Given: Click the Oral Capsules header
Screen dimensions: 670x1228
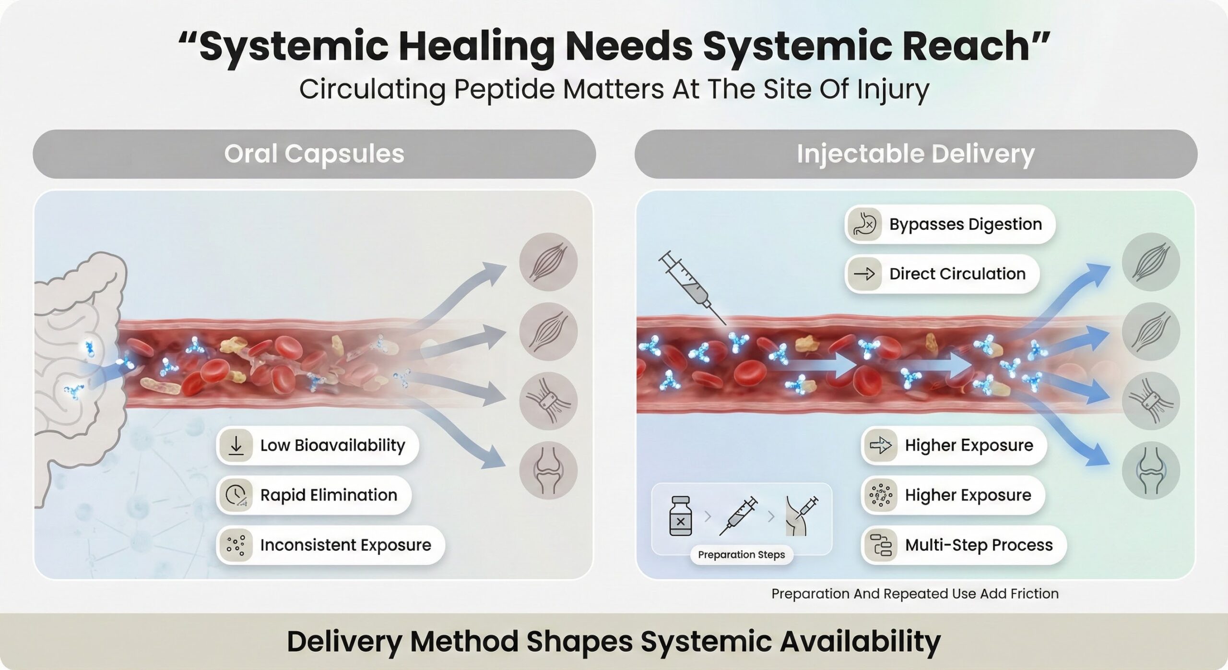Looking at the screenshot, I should pos(314,154).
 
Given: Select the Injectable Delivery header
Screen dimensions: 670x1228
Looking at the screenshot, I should pos(915,154).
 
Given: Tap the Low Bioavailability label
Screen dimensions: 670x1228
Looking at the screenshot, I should pos(332,445).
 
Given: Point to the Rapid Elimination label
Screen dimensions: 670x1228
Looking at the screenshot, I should pos(329,495).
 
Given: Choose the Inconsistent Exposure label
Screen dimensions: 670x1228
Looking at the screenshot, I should pos(345,545).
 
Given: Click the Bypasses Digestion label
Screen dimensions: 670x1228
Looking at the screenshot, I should pos(965,224).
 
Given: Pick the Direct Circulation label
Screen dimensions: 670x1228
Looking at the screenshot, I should pos(957,274).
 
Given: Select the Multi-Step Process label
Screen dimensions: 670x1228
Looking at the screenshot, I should pos(979,545).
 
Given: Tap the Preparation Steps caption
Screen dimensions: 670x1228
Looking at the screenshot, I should pos(741,555).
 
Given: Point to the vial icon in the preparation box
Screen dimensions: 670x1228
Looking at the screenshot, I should pos(680,516).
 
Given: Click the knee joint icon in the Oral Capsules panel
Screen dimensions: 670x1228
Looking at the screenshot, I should pos(548,470).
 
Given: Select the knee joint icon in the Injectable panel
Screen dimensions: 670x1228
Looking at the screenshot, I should pos(1151,470).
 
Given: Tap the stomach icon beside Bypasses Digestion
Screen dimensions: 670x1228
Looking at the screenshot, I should pos(864,225).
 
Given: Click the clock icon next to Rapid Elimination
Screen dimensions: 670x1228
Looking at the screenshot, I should pos(236,495).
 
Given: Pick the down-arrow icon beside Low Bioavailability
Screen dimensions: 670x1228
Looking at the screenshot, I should pos(236,445).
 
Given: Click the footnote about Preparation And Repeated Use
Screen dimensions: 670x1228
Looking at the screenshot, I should pos(914,594).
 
